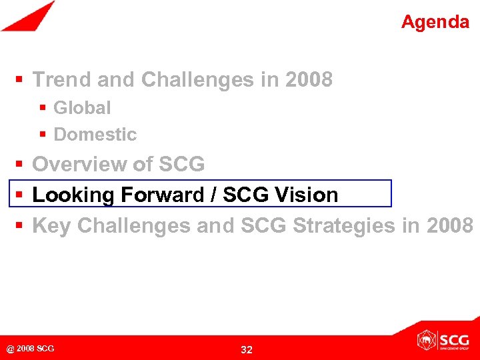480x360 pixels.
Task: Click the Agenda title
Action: [x=435, y=22]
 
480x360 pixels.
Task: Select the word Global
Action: [x=82, y=107]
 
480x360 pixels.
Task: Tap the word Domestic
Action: [x=95, y=134]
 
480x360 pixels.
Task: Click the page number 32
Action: [x=247, y=349]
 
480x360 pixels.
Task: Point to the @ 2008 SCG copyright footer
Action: [x=31, y=349]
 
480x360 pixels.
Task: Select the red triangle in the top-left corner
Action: [x=27, y=16]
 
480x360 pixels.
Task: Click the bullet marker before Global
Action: [x=43, y=108]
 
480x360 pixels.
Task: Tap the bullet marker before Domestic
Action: [x=43, y=135]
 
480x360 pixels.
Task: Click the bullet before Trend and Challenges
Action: [x=20, y=81]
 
